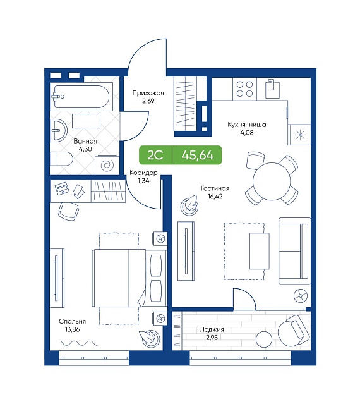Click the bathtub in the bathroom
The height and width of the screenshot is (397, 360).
coord(81,97)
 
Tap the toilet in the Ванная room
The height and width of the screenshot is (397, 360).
coord(61,159)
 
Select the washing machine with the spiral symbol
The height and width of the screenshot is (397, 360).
coord(107,165)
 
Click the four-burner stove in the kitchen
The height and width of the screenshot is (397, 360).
coord(244,89)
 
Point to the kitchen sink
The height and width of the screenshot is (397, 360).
coord(272,89)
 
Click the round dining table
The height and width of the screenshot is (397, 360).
coord(272,181)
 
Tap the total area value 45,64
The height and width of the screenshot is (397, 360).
coord(198,155)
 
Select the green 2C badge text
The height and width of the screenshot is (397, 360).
coord(155,155)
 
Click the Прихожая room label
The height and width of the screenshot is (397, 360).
coord(148,93)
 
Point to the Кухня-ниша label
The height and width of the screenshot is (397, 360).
coord(247,125)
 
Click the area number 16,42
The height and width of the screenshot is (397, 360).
coord(215,196)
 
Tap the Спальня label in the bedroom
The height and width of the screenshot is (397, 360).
coord(72,321)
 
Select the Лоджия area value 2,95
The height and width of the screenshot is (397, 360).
coord(212,337)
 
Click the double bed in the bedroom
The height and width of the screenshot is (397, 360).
coord(129,278)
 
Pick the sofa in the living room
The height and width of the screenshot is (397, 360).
coord(294,251)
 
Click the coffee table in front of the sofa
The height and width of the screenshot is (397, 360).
coord(260,251)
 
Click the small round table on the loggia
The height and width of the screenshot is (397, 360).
coord(264,338)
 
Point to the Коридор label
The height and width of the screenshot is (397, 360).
coord(143,173)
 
